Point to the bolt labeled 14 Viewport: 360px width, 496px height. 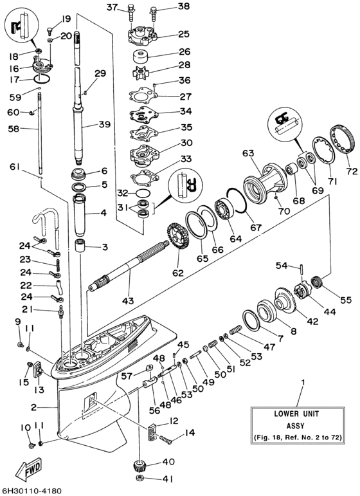pos(166,439)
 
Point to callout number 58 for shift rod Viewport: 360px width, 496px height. pos(14,129)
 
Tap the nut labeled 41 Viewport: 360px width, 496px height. pos(138,479)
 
